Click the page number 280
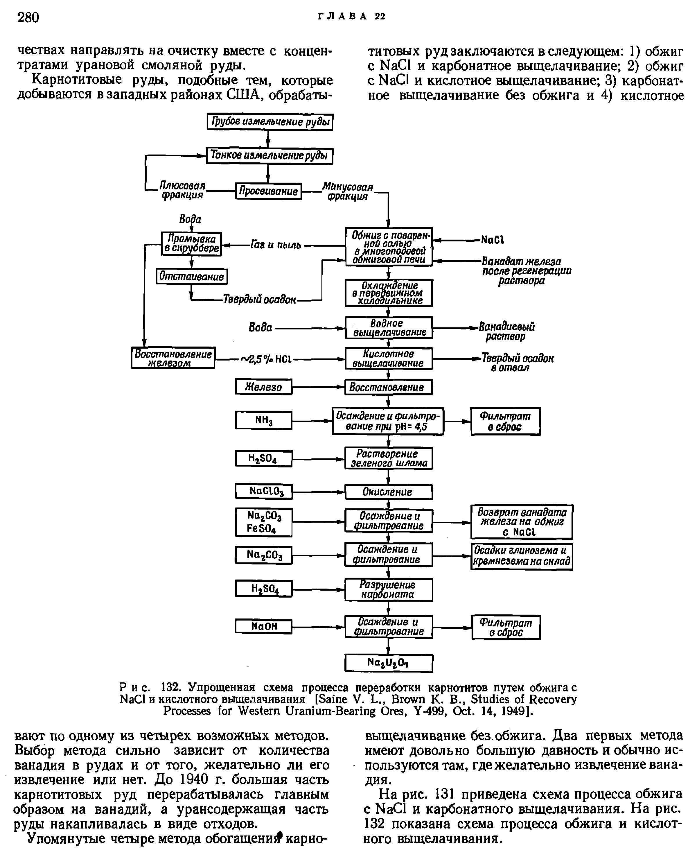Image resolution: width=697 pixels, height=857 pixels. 28,17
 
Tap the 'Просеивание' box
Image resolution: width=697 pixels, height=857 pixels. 268,191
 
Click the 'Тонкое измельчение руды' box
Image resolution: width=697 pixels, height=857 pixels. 270,155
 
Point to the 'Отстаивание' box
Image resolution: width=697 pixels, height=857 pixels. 191,276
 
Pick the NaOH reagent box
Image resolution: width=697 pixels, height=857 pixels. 263,627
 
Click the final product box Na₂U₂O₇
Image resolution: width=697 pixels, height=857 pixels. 389,663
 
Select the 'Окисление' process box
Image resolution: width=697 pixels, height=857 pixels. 389,492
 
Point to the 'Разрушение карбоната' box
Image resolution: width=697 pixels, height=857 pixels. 389,589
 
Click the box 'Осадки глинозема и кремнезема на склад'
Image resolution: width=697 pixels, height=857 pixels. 522,556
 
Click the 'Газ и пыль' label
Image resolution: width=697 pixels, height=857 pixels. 276,245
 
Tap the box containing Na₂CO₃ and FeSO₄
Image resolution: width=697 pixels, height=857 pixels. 263,522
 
